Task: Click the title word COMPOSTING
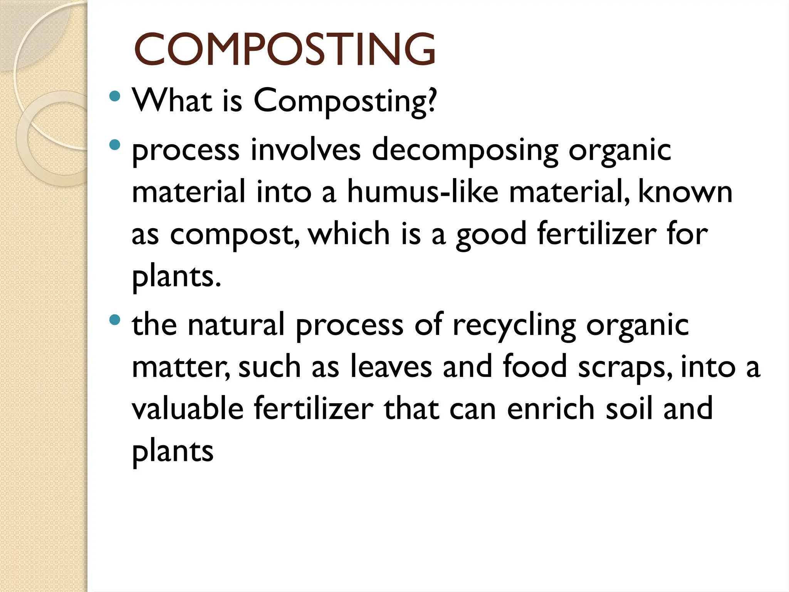point(284,49)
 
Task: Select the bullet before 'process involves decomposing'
point(114,145)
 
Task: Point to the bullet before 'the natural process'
point(114,320)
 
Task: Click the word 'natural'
point(236,325)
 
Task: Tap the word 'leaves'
point(391,367)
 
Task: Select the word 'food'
point(535,367)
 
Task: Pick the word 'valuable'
point(188,408)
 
